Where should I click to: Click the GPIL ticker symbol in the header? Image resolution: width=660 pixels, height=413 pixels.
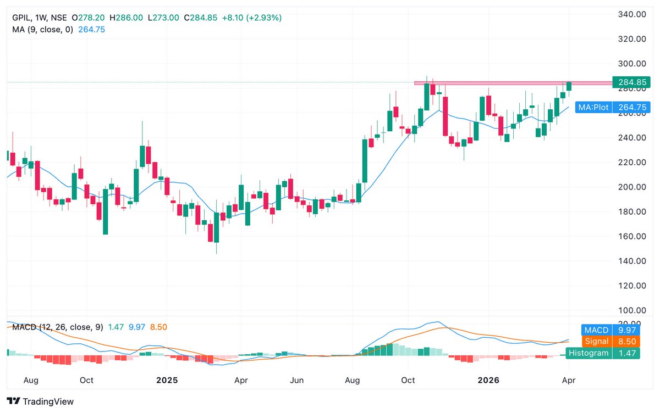pos(21,18)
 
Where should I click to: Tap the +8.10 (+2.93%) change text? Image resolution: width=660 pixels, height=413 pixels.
pos(251,18)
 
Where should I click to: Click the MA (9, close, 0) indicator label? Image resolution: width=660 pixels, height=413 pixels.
pos(42,29)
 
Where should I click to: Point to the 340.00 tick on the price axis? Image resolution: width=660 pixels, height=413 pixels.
pos(631,14)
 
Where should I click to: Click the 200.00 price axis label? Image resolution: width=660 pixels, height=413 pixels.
pos(631,187)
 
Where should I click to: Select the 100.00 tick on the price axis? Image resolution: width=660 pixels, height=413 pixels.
pos(631,310)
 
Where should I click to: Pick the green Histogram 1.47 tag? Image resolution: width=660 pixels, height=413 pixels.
pos(603,353)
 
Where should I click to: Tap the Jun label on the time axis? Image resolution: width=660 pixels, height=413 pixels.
pos(297,380)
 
